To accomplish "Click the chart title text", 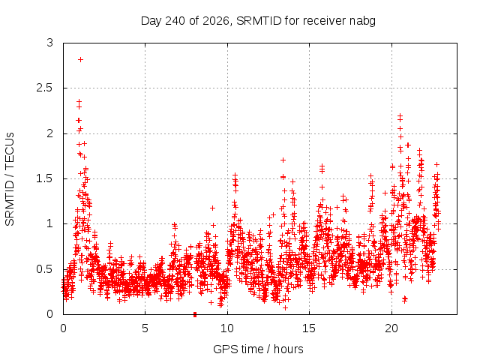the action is point(258,21).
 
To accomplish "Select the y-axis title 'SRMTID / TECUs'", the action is point(10,179).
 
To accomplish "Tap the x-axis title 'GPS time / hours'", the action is point(258,349).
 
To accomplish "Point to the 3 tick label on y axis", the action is point(50,43).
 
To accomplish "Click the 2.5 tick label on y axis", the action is point(44,88).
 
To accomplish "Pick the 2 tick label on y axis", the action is point(50,133).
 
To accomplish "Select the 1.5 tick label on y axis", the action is point(44,178).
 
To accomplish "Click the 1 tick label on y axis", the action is point(50,223).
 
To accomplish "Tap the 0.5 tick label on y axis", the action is point(44,269).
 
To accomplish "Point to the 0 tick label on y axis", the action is point(50,314).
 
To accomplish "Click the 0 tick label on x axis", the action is point(63,328).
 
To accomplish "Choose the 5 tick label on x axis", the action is point(145,328).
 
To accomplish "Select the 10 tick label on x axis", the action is point(227,328).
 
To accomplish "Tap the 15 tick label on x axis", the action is point(309,328).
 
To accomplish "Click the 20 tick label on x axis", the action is point(391,328).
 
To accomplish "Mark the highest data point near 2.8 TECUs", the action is point(80,60).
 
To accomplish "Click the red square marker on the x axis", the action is point(195,314).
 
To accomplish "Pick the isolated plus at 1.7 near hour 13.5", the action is point(283,160).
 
